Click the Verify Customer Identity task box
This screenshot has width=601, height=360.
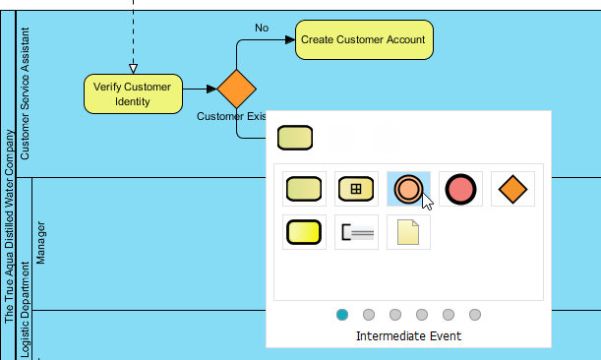point(133,93)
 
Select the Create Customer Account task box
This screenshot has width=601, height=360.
point(363,40)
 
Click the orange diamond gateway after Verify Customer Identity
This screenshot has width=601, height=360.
point(236,89)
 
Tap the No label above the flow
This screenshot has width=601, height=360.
point(262,28)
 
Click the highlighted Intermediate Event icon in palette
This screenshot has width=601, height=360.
point(407,188)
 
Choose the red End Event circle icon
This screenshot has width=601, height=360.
point(460,188)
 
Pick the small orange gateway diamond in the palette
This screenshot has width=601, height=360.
point(512,188)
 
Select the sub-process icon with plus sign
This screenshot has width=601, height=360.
point(356,188)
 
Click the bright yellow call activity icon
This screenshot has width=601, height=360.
point(304,232)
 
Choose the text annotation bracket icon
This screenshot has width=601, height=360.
point(356,232)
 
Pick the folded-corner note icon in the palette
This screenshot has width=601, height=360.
point(407,232)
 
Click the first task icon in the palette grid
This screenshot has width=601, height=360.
point(304,188)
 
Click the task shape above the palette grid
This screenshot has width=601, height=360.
point(295,138)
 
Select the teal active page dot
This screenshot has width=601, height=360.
point(342,315)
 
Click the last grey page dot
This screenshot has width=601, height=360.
point(475,315)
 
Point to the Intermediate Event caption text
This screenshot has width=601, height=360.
point(408,336)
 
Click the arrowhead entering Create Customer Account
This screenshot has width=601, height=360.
point(290,40)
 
